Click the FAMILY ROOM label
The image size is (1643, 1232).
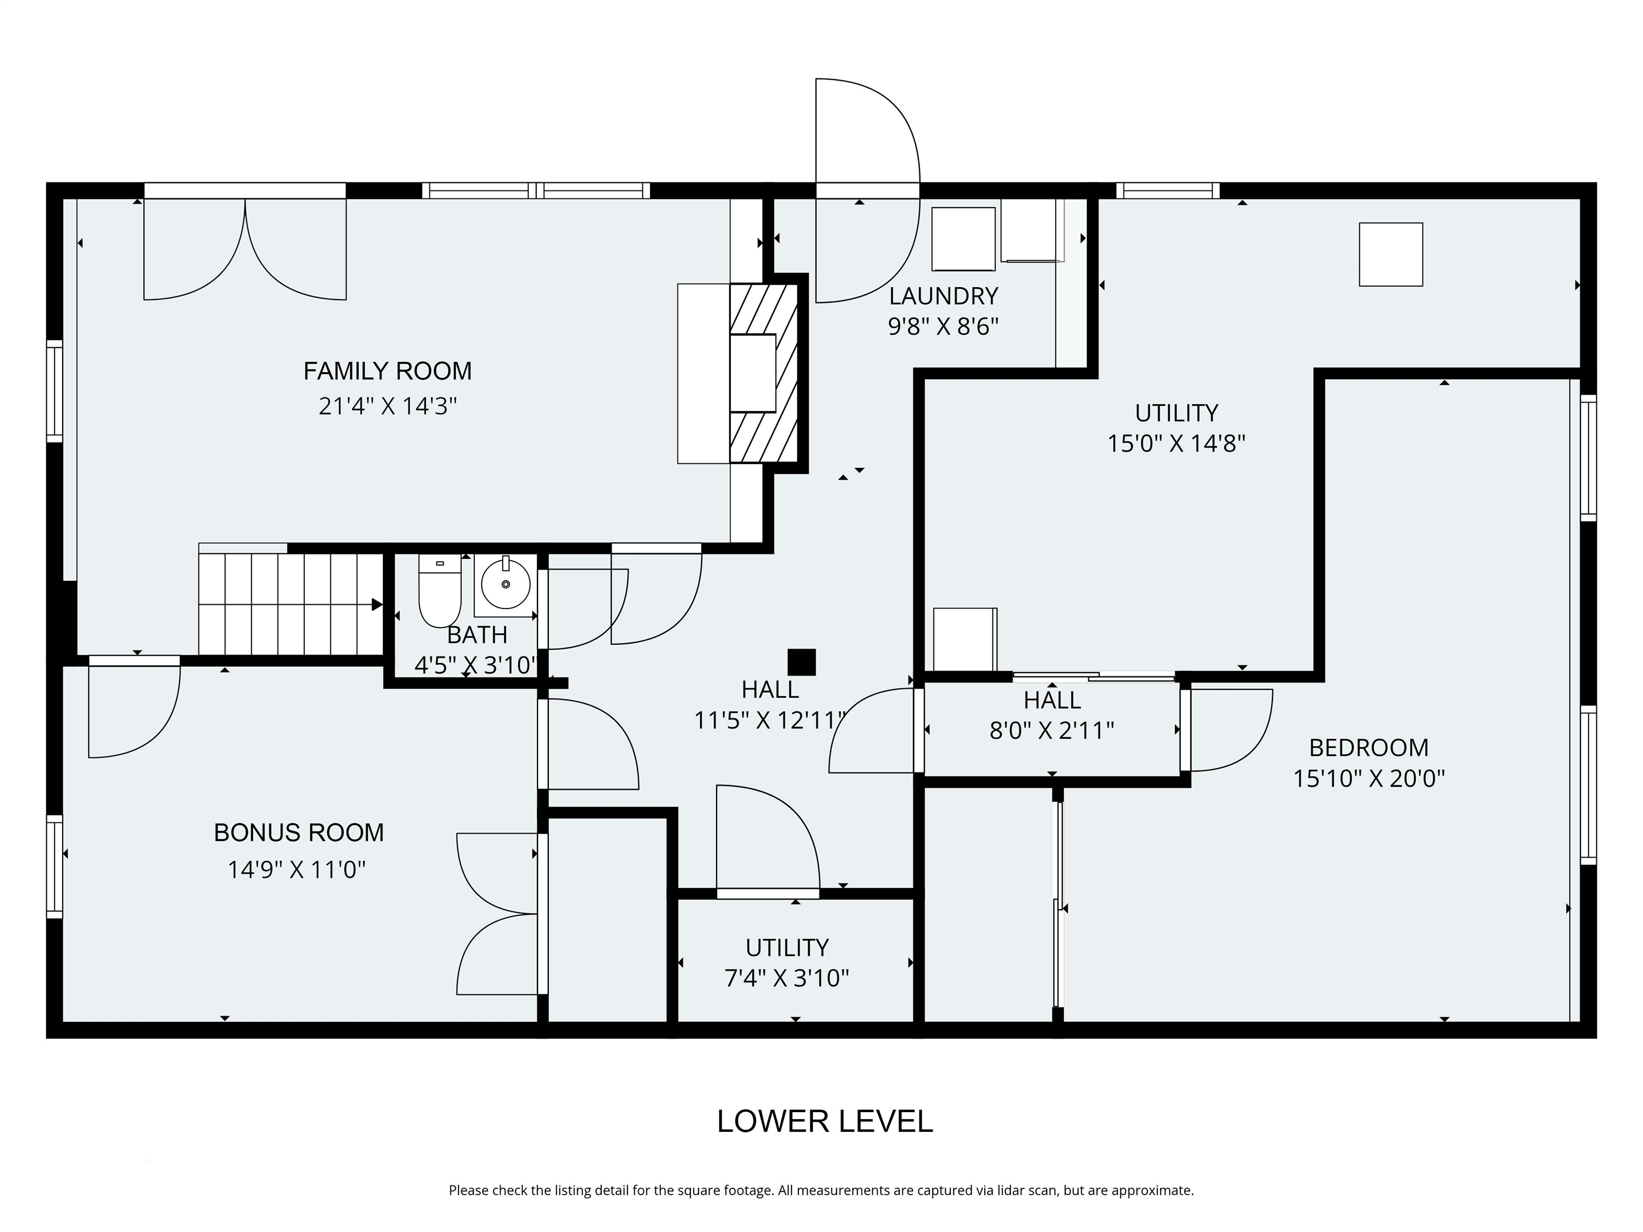(x=387, y=371)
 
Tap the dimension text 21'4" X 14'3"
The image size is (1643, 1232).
(x=387, y=406)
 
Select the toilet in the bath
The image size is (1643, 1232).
(x=440, y=592)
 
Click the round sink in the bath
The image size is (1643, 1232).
(x=506, y=584)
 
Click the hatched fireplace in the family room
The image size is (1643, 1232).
(x=764, y=373)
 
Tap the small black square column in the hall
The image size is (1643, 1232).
(x=802, y=663)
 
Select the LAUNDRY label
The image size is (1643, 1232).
(x=943, y=296)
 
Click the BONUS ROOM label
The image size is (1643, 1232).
(x=298, y=833)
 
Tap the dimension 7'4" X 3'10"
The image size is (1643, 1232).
(x=787, y=978)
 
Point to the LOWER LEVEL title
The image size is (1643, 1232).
(x=825, y=1121)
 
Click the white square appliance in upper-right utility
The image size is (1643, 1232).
(x=1391, y=254)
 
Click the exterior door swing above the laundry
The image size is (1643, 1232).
(x=867, y=134)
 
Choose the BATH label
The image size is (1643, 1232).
(x=477, y=635)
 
